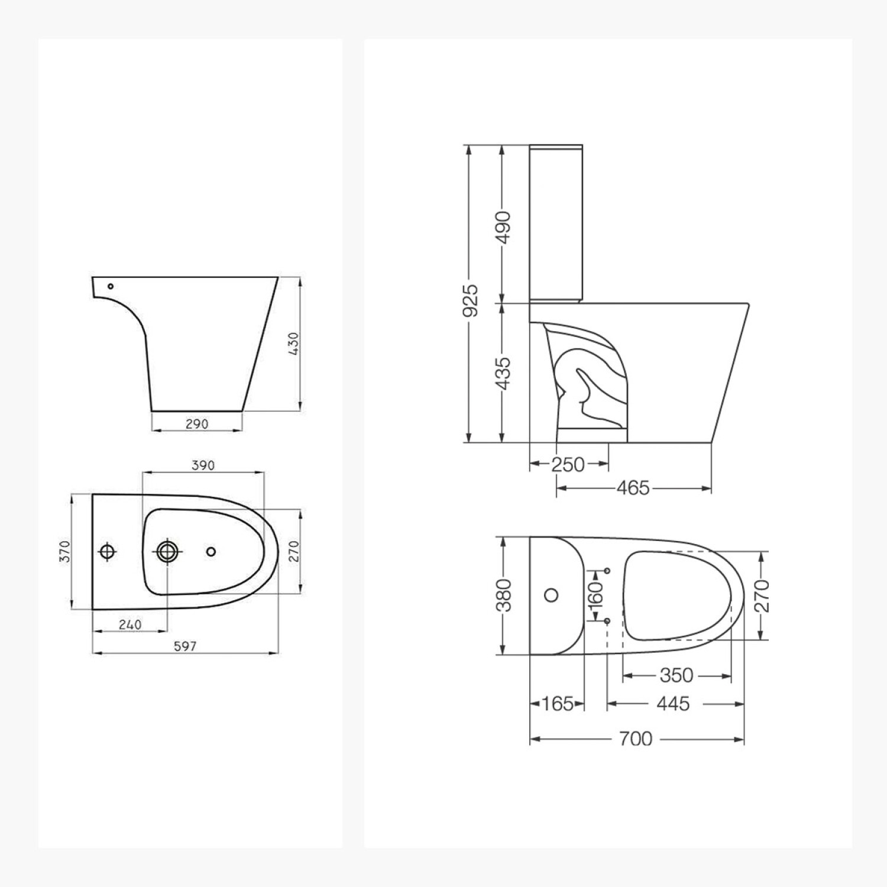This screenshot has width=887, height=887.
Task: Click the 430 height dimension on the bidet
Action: tap(294, 344)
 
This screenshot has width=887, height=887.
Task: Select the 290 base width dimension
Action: tap(197, 424)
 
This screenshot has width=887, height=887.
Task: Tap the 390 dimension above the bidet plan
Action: tap(203, 465)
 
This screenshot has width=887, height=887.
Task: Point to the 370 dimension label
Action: tap(66, 552)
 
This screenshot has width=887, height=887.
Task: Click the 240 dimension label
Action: tap(130, 624)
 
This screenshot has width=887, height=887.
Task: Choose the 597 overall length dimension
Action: tap(185, 646)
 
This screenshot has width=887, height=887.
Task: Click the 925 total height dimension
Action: tap(471, 300)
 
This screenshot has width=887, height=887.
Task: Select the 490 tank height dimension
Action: tap(503, 226)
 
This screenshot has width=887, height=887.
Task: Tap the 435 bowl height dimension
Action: tap(503, 373)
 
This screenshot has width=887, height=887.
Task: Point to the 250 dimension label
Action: tap(568, 465)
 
